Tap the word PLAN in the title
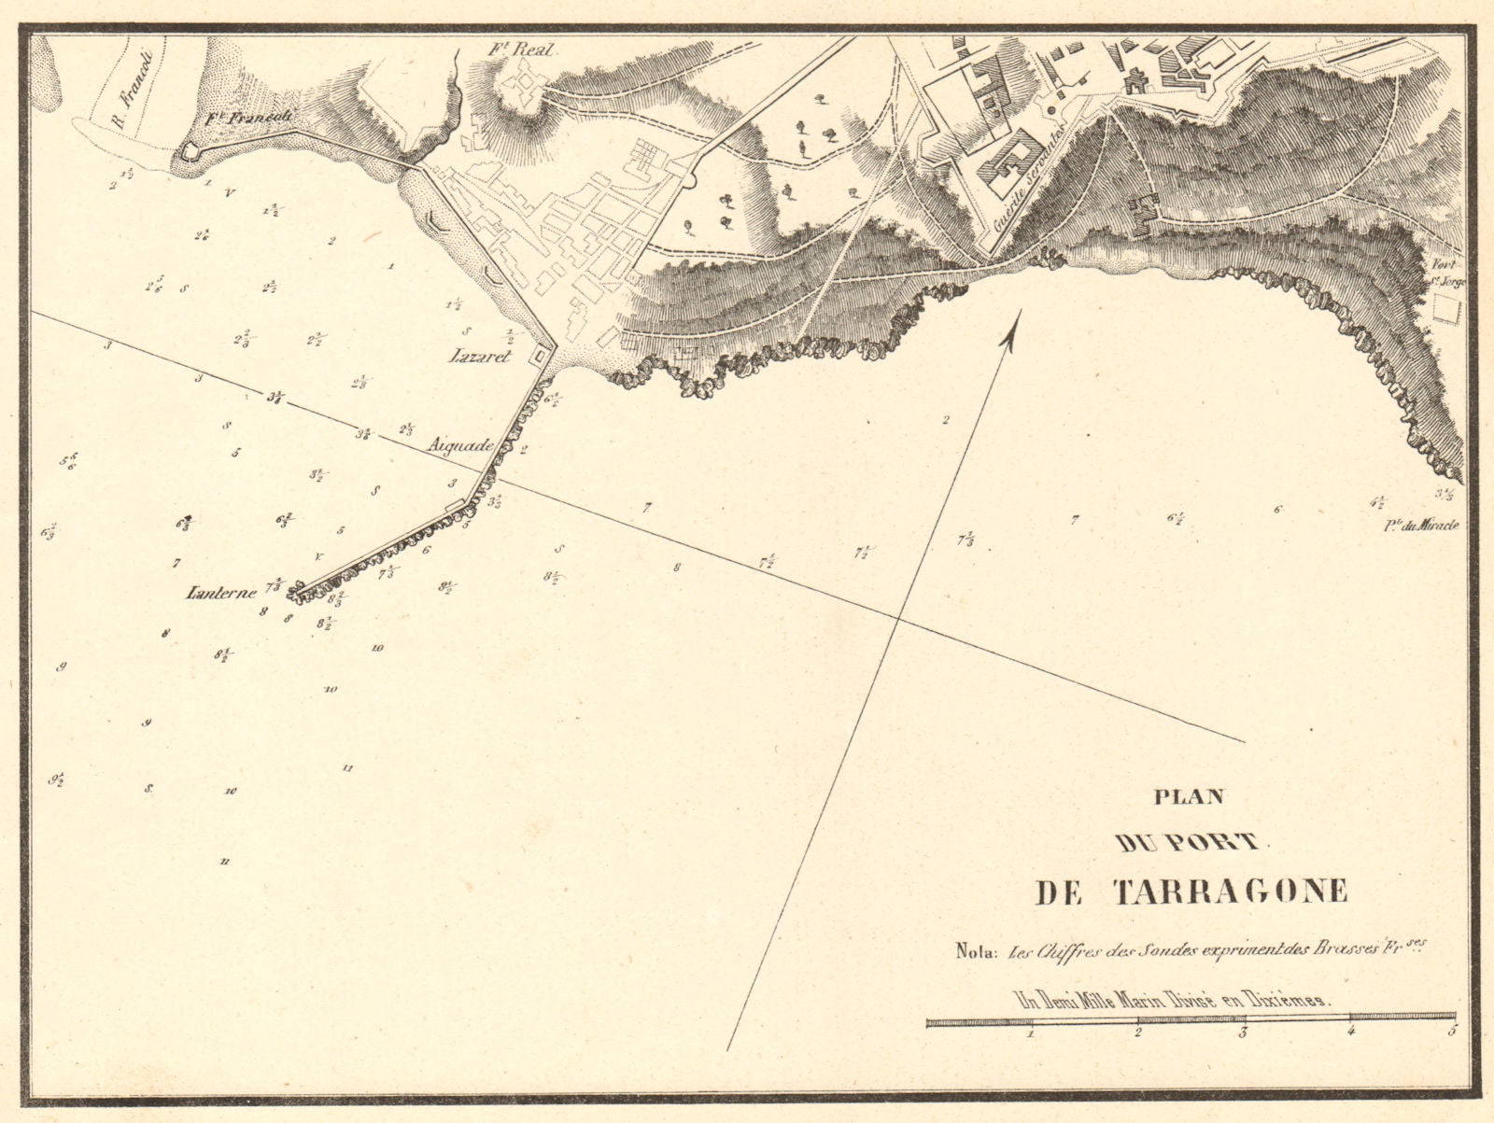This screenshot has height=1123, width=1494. [x=1189, y=798]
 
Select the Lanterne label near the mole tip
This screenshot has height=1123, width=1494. [x=222, y=592]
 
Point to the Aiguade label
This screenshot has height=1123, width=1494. [x=459, y=446]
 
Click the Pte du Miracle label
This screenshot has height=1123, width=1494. [x=1421, y=526]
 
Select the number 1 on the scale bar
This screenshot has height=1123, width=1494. [x=1029, y=1033]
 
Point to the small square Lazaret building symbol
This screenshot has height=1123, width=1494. [x=540, y=356]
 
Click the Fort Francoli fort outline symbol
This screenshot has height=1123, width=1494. [x=190, y=150]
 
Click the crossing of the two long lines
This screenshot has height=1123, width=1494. [x=897, y=617]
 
